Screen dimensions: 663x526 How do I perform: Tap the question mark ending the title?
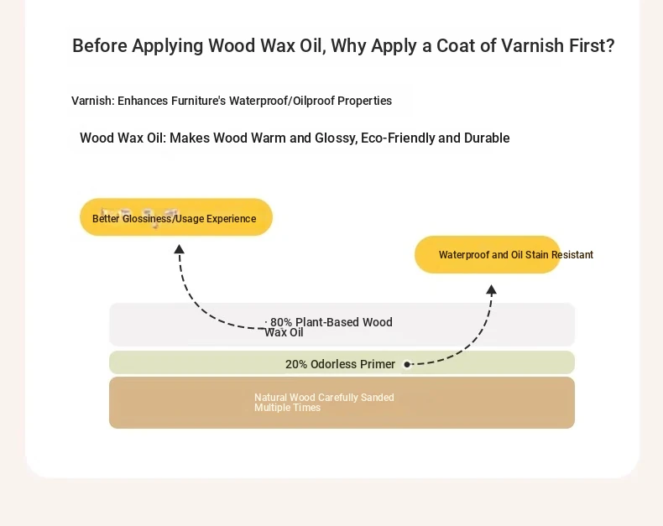point(610,45)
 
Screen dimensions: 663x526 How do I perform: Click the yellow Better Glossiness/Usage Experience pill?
point(176,217)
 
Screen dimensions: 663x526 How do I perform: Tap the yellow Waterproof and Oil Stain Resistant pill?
point(488,254)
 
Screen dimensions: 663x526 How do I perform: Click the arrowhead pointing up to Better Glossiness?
point(180,249)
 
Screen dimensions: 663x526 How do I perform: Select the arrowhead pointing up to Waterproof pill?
point(491,289)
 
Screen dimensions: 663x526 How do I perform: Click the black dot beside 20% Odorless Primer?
point(407,364)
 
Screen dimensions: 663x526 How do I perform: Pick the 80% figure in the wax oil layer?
point(281,322)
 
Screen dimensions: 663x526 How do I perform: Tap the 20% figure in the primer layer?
point(296,364)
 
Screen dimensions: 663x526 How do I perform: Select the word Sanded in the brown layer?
point(377,398)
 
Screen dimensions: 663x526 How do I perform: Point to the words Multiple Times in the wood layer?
point(288,408)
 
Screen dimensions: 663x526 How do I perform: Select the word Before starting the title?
point(100,45)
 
